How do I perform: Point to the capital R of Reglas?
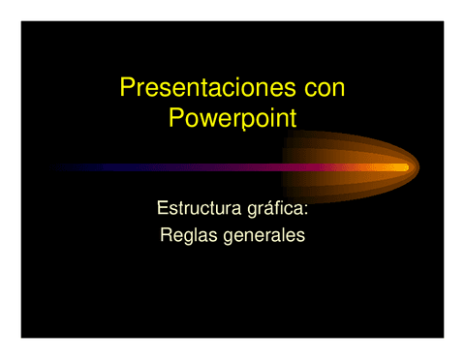164,234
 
